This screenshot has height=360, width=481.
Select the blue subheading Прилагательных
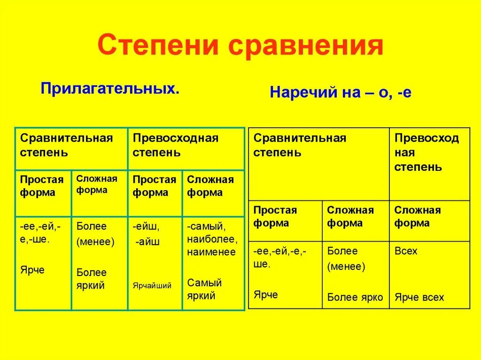click(x=110, y=88)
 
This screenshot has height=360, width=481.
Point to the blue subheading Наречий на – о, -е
click(x=341, y=92)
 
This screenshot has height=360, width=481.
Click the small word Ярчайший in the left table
click(x=152, y=285)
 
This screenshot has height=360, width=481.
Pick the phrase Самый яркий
click(x=204, y=289)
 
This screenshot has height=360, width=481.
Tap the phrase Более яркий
click(x=92, y=279)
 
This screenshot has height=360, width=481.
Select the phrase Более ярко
click(x=355, y=297)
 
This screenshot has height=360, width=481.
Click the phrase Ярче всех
click(x=419, y=297)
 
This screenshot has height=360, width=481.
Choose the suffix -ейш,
click(x=146, y=226)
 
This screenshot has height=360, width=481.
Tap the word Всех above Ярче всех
click(x=406, y=251)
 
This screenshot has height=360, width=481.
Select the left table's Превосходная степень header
click(x=176, y=145)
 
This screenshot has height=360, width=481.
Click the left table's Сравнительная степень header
click(x=67, y=145)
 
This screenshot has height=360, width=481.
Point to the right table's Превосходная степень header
click(x=427, y=152)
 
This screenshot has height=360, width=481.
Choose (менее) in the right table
click(x=346, y=267)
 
